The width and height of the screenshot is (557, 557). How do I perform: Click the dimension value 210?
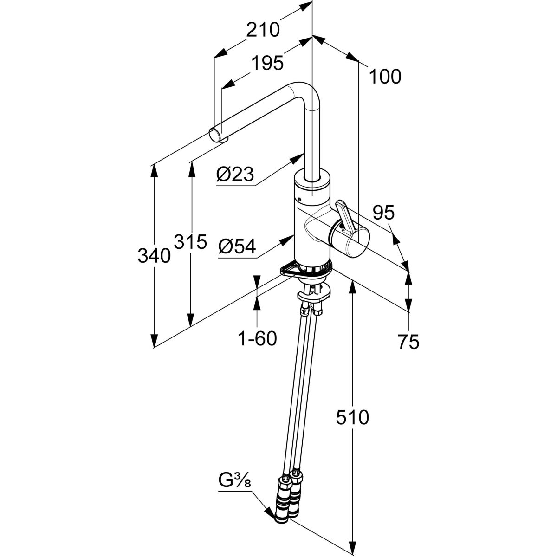263,29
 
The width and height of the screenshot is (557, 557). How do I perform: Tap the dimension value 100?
385,77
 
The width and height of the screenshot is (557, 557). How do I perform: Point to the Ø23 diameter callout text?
235,175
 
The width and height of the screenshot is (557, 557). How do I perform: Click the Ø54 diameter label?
237,248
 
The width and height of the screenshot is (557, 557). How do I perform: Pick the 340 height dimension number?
154,255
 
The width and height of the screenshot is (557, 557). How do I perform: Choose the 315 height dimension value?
190,242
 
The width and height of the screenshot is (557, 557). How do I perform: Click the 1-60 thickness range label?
257,339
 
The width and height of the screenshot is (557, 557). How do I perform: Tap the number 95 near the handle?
383,213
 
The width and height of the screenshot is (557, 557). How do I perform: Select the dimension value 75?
408,342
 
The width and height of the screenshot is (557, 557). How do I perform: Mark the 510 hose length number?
353,417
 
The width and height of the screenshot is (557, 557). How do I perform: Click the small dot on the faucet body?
300,200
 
